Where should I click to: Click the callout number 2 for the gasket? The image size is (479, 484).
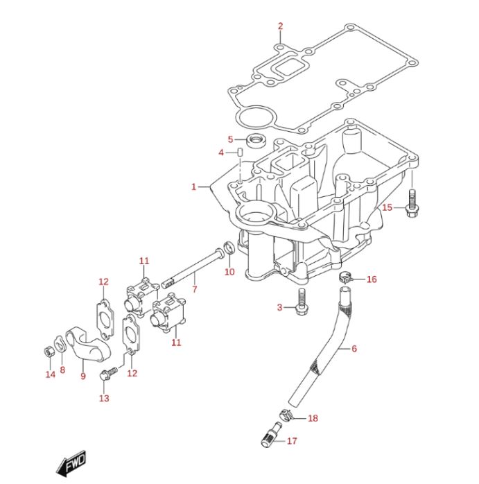click(280, 26)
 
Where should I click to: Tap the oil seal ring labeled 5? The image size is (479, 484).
click(255, 141)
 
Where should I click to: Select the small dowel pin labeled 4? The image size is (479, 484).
click(241, 152)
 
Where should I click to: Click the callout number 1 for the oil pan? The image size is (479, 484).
click(193, 187)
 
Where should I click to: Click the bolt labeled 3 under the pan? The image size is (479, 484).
click(302, 302)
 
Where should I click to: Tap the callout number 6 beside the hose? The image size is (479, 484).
click(354, 349)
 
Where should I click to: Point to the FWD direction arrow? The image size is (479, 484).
click(71, 463)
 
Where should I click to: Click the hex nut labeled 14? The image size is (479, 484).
click(49, 352)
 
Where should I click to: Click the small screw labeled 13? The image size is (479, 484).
click(109, 373)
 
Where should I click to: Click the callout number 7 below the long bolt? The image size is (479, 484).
click(194, 289)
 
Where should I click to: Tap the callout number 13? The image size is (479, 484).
click(104, 398)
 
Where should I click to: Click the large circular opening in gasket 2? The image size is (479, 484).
click(255, 117)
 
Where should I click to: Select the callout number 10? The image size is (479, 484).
click(229, 272)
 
